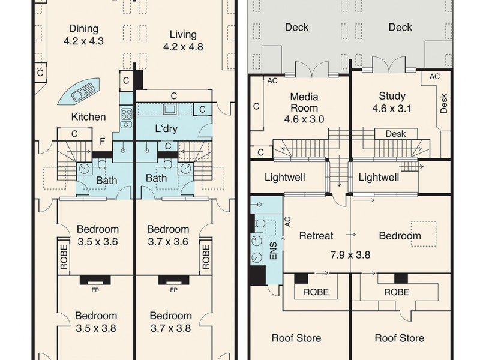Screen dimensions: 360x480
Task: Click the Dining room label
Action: pos(83,35)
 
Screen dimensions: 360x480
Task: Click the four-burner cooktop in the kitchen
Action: pos(127,114)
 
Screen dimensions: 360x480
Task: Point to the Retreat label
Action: pos(316,236)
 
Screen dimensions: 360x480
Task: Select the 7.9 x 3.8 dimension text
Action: pos(350,254)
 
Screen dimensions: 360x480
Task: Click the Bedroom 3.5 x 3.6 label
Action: pos(97,235)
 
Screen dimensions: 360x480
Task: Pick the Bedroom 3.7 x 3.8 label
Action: pos(171,322)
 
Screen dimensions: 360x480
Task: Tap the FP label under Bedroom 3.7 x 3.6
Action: pos(173,290)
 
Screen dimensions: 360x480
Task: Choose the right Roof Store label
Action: pos(399,338)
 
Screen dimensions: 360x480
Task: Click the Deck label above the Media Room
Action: pos(297,27)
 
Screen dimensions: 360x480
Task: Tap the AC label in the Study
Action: pos(434,76)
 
